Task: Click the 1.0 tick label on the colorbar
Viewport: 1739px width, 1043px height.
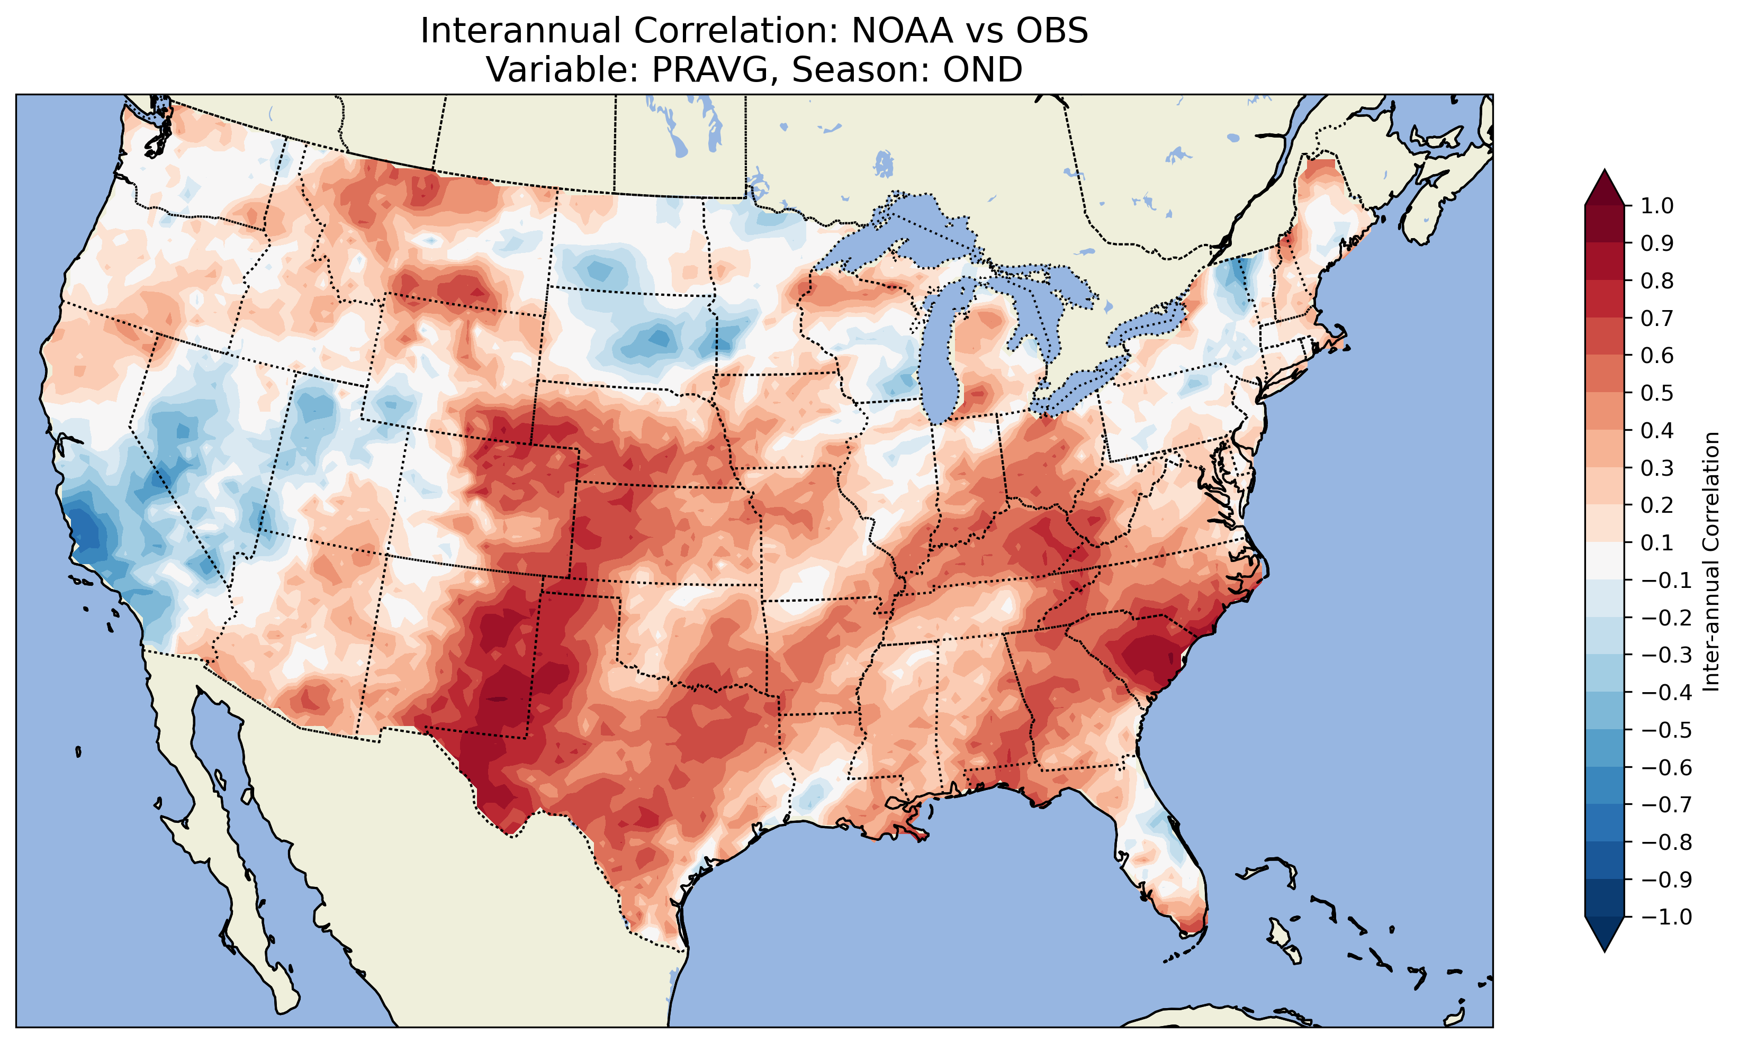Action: pyautogui.click(x=1657, y=206)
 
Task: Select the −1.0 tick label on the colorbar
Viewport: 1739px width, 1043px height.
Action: pyautogui.click(x=1666, y=917)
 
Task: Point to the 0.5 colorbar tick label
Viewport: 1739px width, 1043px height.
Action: pyautogui.click(x=1657, y=393)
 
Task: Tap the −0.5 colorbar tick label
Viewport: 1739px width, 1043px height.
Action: pyautogui.click(x=1666, y=730)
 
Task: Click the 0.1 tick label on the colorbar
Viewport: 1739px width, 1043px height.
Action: pyautogui.click(x=1657, y=542)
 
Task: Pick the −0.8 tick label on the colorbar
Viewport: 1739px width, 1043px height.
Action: pyautogui.click(x=1666, y=842)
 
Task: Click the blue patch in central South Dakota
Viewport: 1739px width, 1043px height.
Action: pyautogui.click(x=654, y=341)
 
